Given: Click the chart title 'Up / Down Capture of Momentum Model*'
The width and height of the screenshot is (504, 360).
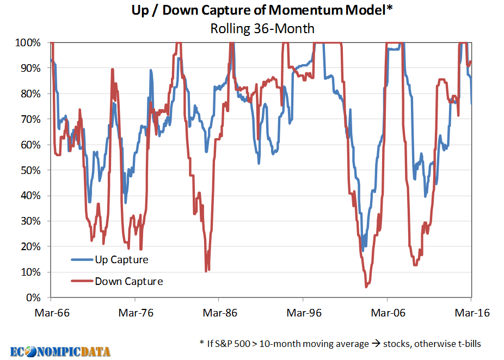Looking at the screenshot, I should (262, 10).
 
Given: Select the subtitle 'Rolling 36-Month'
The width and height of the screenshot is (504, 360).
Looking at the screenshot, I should (262, 28).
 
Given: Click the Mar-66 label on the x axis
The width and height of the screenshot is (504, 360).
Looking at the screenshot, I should (50, 313).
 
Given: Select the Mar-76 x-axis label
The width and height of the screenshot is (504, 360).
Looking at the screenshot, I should (134, 313).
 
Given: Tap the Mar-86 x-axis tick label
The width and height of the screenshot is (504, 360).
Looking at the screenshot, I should (219, 313).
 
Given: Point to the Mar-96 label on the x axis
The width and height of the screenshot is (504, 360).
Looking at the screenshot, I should (303, 313).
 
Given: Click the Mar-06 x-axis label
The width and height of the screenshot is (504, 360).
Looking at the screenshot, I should (387, 313).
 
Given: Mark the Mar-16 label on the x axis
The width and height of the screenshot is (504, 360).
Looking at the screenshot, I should (471, 313).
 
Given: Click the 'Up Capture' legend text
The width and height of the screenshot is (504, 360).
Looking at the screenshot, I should (121, 260).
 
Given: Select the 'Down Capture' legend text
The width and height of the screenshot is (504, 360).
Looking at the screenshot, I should (128, 281).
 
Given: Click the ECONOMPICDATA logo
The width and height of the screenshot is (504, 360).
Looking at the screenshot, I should (60, 351).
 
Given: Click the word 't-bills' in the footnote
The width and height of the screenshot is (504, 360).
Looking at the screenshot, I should (465, 344).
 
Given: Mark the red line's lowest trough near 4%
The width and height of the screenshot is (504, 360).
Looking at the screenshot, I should (367, 286).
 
